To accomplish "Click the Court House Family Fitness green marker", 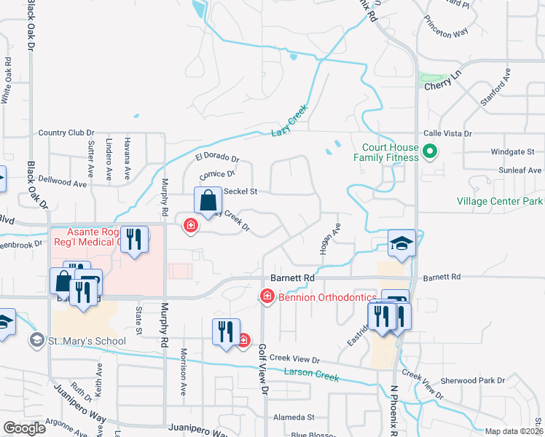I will tap(429, 152).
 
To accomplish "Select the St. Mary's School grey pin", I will tap(36, 340).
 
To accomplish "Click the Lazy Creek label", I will tap(290, 120).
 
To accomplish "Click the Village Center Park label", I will tap(500, 201).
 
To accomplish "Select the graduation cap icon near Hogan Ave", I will tap(401, 243).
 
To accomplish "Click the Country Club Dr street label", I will tap(62, 133).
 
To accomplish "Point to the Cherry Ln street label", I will tap(443, 80).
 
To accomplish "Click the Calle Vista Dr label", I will tap(448, 134).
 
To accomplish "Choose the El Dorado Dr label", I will tap(216, 157).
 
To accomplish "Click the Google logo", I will tap(24, 428).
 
